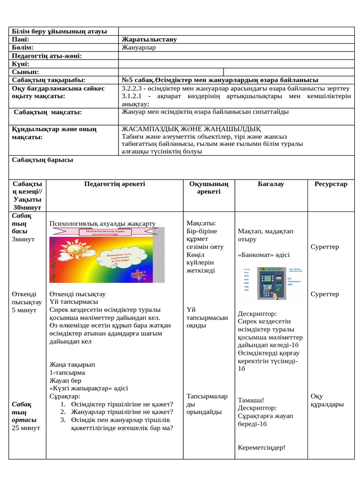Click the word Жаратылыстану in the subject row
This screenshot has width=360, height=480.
pyautogui.click(x=149, y=39)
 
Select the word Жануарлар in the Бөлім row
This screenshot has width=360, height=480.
pyautogui.click(x=139, y=47)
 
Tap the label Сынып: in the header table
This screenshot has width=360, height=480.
pyautogui.click(x=25, y=72)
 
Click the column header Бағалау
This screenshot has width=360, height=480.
pyautogui.click(x=270, y=184)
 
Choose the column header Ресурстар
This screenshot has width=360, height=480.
pyautogui.click(x=330, y=184)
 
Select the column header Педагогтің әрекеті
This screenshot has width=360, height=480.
pyautogui.click(x=114, y=184)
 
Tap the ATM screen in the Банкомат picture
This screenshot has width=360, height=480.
pyautogui.click(x=268, y=278)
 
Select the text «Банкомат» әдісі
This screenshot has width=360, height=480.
pyautogui.click(x=263, y=255)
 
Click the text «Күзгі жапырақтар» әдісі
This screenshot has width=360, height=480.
pyautogui.click(x=89, y=389)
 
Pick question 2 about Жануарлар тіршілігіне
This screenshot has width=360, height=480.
pyautogui.click(x=122, y=412)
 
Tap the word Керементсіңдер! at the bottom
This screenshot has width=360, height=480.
pyautogui.click(x=262, y=448)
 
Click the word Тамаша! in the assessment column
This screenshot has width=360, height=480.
pyautogui.click(x=251, y=400)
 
